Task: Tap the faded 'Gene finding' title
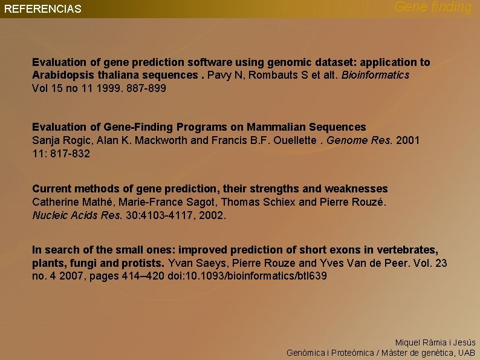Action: tap(433, 7)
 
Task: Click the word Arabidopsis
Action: tap(62, 75)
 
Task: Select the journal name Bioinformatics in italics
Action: tap(375, 75)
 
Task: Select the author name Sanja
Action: tap(45, 140)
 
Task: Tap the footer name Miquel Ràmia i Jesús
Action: tap(435, 342)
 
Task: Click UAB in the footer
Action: tap(466, 352)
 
